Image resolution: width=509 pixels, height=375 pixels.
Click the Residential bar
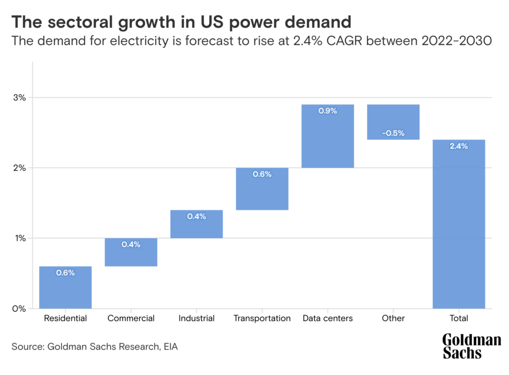[x=65, y=287]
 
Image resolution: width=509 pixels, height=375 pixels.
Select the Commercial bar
[x=131, y=252]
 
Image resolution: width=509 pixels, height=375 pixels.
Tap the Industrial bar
[x=196, y=224]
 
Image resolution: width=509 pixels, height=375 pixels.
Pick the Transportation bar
[x=262, y=188]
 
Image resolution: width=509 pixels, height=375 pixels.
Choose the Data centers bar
[x=328, y=136]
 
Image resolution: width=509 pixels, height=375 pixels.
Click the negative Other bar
[x=393, y=122]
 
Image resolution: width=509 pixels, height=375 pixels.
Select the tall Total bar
[x=459, y=224]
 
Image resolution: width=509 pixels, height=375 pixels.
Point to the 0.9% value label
[x=328, y=111]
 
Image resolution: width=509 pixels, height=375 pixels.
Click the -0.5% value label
[x=393, y=133]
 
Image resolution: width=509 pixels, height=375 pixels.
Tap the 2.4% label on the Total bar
[x=459, y=146]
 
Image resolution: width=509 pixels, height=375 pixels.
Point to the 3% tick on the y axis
[x=19, y=97]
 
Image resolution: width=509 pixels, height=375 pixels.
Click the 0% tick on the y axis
[x=19, y=309]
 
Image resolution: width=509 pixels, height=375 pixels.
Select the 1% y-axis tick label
[x=19, y=238]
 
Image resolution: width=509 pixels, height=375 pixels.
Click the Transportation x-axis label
[x=262, y=318]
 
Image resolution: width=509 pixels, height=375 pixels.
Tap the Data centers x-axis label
[x=328, y=318]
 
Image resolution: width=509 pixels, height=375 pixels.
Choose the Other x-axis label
[x=393, y=318]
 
